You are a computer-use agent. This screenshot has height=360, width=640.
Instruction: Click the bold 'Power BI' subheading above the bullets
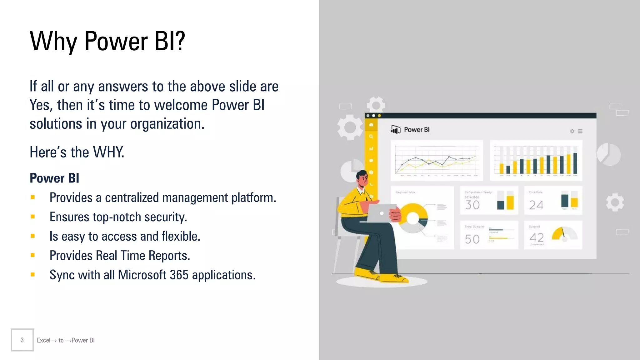click(x=54, y=178)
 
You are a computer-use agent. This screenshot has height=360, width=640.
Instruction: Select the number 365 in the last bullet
click(x=179, y=275)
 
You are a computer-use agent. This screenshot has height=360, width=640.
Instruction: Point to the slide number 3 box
click(x=22, y=340)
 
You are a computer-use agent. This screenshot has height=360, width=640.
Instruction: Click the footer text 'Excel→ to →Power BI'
click(x=66, y=340)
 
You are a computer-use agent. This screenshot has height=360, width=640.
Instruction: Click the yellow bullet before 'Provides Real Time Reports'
click(x=32, y=255)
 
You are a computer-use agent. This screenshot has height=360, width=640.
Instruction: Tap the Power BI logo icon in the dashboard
click(x=396, y=129)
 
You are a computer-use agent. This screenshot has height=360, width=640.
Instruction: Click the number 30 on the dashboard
click(x=472, y=205)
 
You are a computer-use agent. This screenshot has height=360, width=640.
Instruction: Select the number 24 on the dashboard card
click(x=536, y=205)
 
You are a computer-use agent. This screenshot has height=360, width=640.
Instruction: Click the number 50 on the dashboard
click(x=472, y=239)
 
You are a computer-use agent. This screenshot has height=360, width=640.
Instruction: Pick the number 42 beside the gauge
click(x=537, y=237)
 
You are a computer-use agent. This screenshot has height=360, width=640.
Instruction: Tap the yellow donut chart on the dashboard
click(x=413, y=218)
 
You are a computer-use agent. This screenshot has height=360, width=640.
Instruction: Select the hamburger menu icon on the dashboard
click(x=580, y=131)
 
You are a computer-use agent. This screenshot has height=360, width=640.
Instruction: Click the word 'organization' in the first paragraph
click(x=167, y=124)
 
